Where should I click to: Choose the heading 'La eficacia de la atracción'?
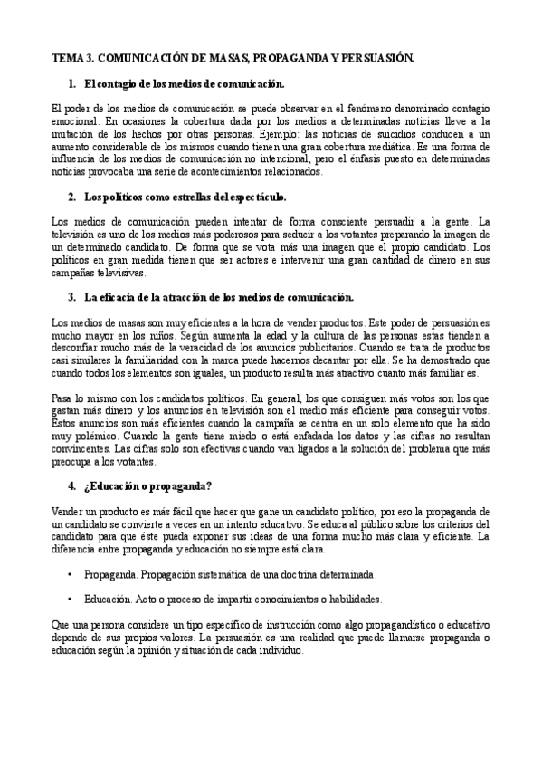coord(218,296)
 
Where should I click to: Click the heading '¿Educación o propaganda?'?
coord(144,486)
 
